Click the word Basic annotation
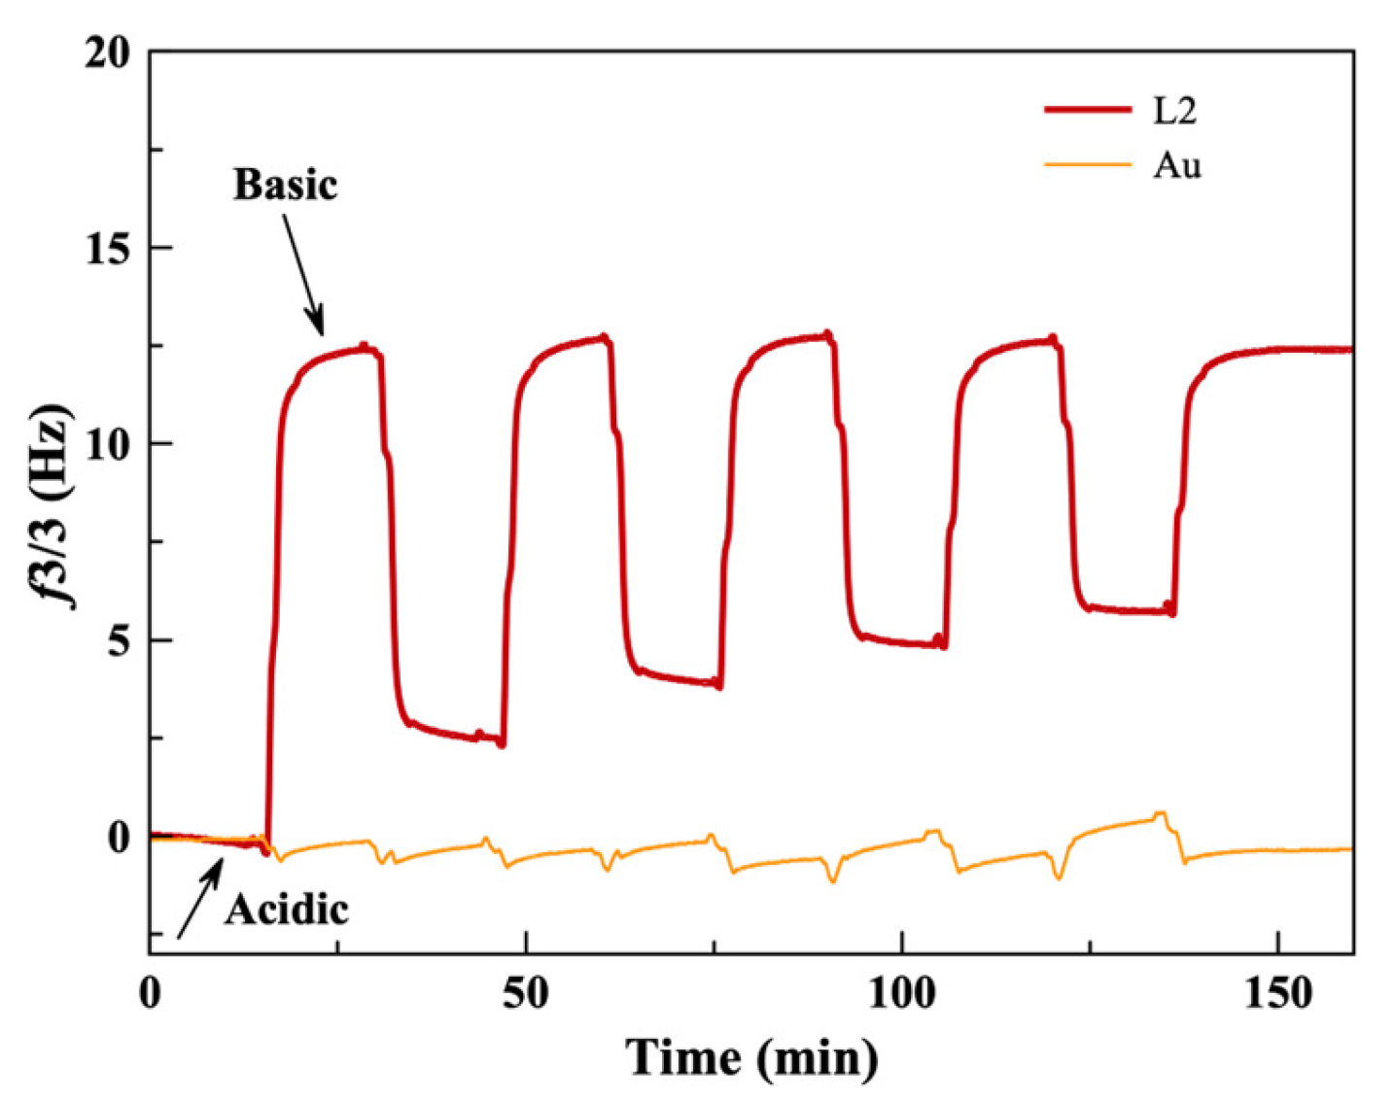point(285,185)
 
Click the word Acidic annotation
point(287,910)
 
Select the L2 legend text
point(1174,111)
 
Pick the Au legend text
point(1177,165)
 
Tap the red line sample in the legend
point(1088,110)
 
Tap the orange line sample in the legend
point(1088,164)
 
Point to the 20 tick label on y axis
point(106,52)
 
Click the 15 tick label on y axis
point(106,249)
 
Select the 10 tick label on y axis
point(106,445)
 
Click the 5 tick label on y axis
point(119,641)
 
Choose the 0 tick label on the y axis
point(119,838)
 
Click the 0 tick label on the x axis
point(150,994)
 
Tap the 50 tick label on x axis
point(526,994)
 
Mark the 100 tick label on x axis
point(902,994)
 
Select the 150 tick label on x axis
point(1278,994)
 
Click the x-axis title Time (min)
point(751,1057)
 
